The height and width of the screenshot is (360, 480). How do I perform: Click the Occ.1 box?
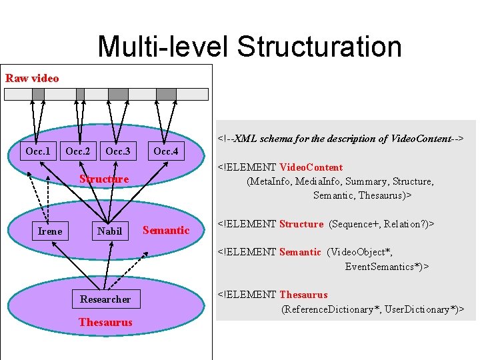(38, 151)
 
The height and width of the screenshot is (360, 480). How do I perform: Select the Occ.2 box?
(78, 151)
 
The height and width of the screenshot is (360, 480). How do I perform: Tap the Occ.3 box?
(118, 151)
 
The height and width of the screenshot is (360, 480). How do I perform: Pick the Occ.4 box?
(166, 151)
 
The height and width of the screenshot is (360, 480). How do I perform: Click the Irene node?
(50, 231)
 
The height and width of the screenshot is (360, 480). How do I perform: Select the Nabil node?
(109, 231)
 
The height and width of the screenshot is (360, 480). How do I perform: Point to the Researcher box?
(105, 299)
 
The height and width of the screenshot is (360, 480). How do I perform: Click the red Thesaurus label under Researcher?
(105, 322)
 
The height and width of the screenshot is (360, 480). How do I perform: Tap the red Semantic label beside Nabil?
(166, 230)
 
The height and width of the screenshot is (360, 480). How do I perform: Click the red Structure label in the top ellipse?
(104, 179)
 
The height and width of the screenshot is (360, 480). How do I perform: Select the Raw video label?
(32, 78)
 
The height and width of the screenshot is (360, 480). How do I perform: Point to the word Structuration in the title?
(319, 47)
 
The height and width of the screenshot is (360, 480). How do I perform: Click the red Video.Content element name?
(311, 167)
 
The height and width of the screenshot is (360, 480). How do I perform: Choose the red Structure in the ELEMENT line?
(301, 224)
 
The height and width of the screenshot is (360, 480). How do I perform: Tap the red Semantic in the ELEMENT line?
(300, 252)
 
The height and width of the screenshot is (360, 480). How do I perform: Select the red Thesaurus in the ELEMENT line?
(303, 295)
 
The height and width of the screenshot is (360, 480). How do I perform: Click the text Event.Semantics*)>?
(387, 267)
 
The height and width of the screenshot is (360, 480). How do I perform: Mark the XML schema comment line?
(341, 139)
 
